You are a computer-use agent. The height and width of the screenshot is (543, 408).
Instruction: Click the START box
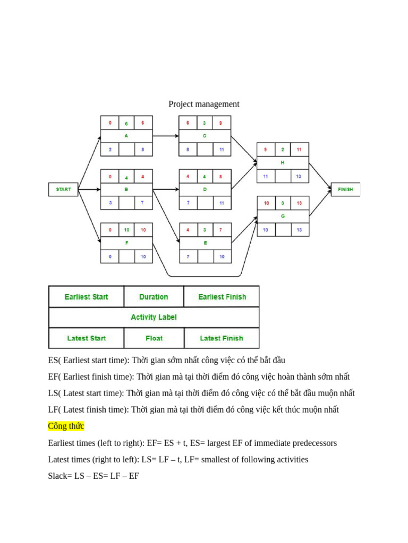pyautogui.click(x=63, y=189)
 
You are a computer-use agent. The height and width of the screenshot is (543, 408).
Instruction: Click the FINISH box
pyautogui.click(x=345, y=189)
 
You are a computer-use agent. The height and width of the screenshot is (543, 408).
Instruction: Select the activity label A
pyautogui.click(x=126, y=136)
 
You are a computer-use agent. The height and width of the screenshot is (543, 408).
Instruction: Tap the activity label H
pyautogui.click(x=283, y=163)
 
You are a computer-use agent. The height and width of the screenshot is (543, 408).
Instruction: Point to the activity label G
pyautogui.click(x=283, y=216)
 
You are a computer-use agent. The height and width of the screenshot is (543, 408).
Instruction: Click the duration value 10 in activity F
pyautogui.click(x=126, y=230)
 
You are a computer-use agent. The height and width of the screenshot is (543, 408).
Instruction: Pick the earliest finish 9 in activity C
pyautogui.click(x=221, y=122)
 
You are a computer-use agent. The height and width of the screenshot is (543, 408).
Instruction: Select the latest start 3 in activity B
pyautogui.click(x=110, y=203)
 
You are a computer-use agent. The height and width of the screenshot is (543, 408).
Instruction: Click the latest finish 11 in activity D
pyautogui.click(x=221, y=203)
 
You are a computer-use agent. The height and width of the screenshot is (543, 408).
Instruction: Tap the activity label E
pyautogui.click(x=205, y=243)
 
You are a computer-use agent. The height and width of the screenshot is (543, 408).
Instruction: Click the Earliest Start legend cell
pyautogui.click(x=86, y=297)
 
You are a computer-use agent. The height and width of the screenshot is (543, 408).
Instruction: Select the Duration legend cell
pyautogui.click(x=154, y=297)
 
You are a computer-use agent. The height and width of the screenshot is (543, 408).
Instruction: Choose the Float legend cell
pyautogui.click(x=154, y=338)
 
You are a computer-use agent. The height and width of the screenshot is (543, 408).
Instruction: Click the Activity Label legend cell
pyautogui.click(x=154, y=317)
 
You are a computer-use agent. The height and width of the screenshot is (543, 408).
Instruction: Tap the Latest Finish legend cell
pyautogui.click(x=222, y=338)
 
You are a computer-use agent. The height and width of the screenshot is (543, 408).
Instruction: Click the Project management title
pyautogui.click(x=204, y=104)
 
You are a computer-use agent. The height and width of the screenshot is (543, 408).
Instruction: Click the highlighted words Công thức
pyautogui.click(x=66, y=426)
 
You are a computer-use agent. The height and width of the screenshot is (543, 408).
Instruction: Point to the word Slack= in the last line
pyautogui.click(x=59, y=476)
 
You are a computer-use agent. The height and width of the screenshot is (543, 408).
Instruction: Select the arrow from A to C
pyautogui.click(x=166, y=136)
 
